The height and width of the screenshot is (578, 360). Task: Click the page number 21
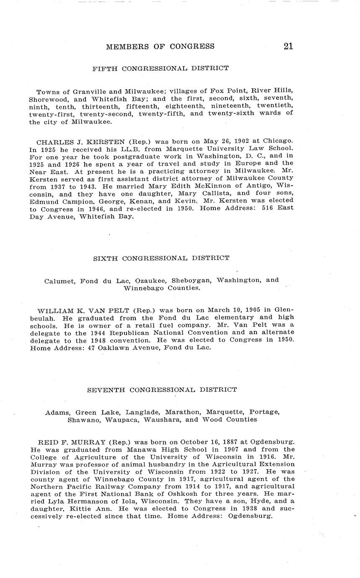coord(288,46)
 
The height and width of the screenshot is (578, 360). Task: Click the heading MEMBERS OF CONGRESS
coord(160,46)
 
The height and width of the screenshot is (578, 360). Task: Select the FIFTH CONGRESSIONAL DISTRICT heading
coord(161,68)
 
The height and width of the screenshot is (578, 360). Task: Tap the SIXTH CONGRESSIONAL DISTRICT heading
coord(161,258)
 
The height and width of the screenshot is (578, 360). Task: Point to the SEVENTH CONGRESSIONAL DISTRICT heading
coord(162,390)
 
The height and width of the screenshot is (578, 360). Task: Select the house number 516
coord(262,208)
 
